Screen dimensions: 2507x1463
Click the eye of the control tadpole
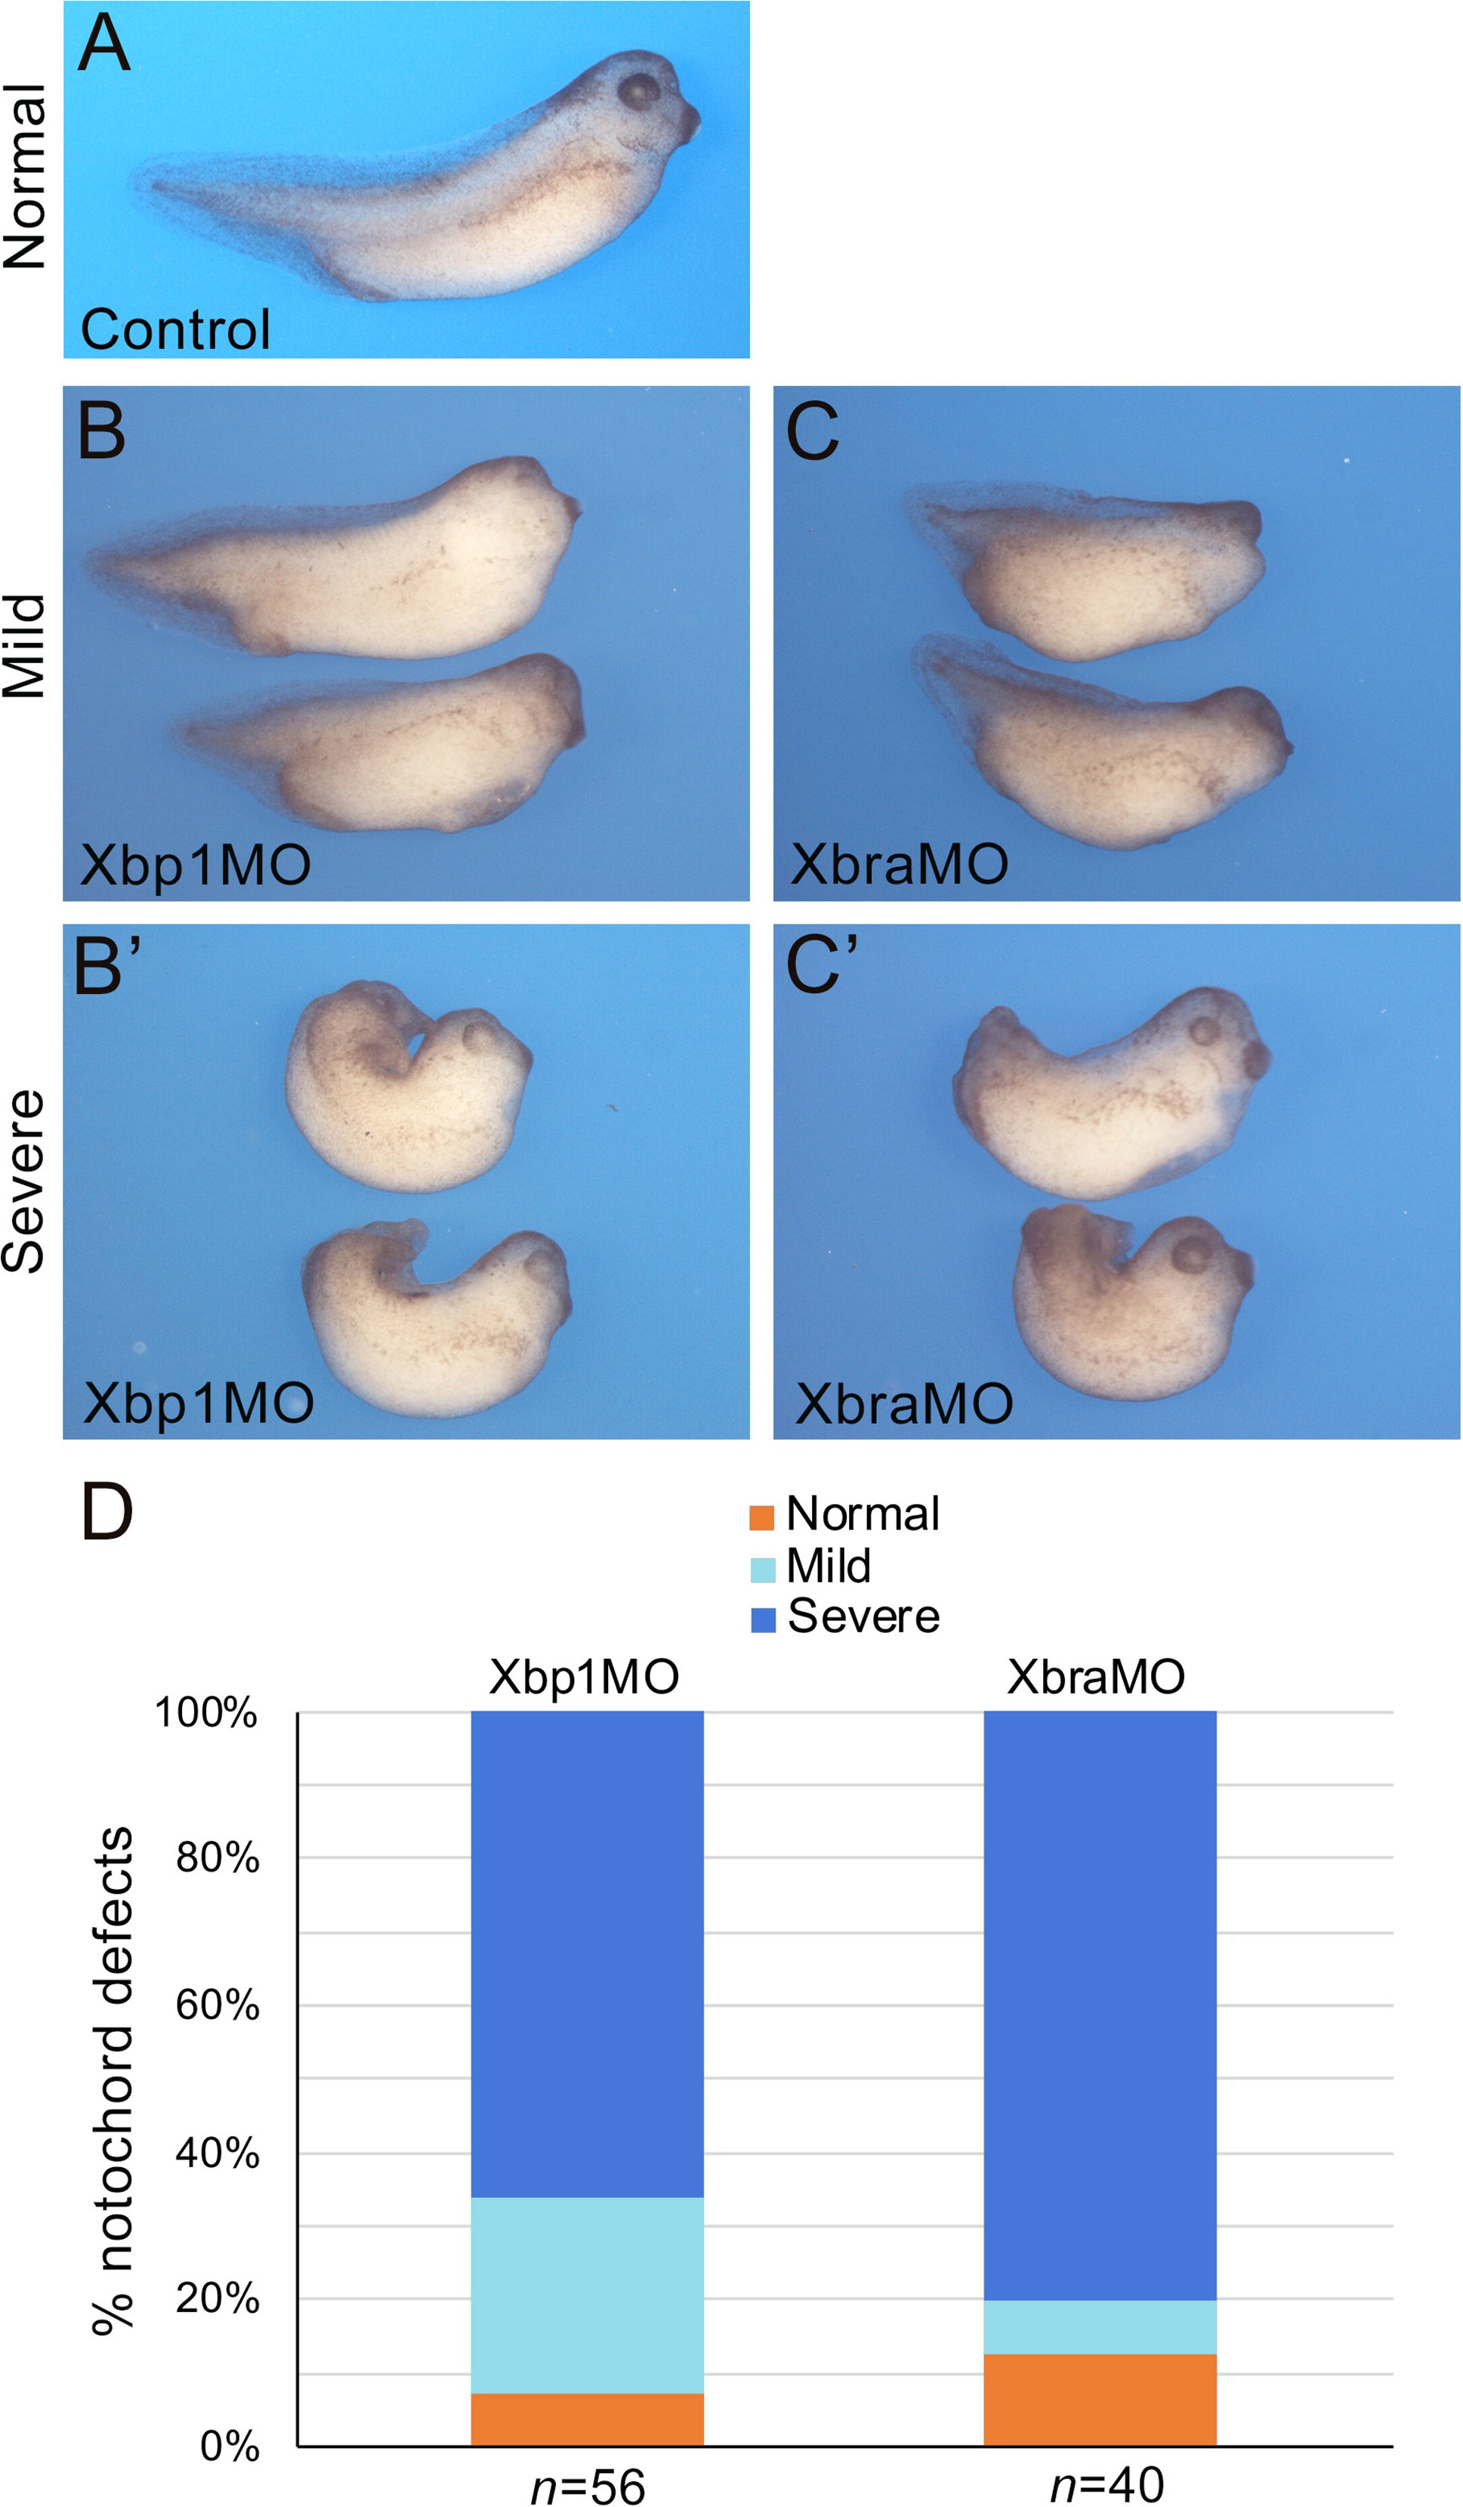[x=638, y=91]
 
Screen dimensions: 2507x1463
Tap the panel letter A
[x=103, y=44]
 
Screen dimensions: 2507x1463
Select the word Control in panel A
[x=175, y=329]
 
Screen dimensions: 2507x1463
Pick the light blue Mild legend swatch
[x=762, y=1569]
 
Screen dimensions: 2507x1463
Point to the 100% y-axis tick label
[x=206, y=1713]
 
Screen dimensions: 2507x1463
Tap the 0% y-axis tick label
[x=230, y=2445]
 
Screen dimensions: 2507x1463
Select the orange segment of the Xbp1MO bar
[x=587, y=2419]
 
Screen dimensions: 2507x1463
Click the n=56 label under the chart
[x=588, y=2485]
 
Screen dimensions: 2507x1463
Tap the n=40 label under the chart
[x=1107, y=2484]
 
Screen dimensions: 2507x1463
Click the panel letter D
[x=106, y=1513]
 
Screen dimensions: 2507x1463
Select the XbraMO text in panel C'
[x=904, y=1405]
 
